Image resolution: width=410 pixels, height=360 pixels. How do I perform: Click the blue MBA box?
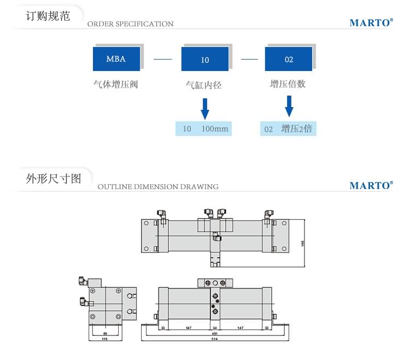click(x=116, y=58)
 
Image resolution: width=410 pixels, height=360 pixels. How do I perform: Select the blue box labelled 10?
click(x=205, y=59)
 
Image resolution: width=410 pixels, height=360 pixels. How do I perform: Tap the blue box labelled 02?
click(x=289, y=59)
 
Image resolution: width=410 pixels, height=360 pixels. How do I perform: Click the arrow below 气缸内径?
click(x=205, y=108)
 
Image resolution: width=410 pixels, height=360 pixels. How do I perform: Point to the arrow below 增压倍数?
click(x=289, y=106)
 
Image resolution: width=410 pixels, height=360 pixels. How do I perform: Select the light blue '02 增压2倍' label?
click(x=288, y=129)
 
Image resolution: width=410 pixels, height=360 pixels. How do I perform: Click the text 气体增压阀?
click(x=116, y=85)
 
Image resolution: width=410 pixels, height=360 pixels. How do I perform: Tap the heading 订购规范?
click(x=48, y=15)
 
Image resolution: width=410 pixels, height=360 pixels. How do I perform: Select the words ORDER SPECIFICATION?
click(x=130, y=24)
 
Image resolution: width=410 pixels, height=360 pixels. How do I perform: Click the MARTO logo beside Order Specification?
click(x=371, y=23)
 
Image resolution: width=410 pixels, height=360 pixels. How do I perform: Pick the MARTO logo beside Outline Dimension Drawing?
click(x=371, y=185)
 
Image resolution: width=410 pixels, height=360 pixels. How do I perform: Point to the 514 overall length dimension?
click(x=214, y=339)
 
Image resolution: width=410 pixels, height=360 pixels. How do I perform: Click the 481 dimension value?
click(x=214, y=333)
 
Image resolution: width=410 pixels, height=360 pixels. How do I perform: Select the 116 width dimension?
click(x=105, y=339)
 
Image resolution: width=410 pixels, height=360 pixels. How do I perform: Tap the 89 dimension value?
click(x=105, y=332)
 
